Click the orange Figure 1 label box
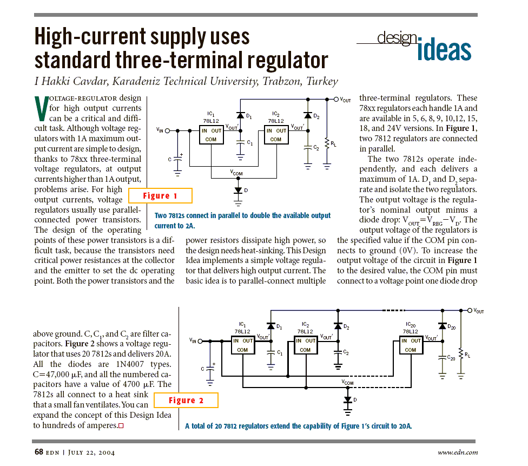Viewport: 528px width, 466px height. point(160,195)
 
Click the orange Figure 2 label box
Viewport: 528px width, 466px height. point(186,401)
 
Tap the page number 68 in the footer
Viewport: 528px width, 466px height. point(39,452)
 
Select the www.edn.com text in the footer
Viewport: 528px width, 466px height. point(458,452)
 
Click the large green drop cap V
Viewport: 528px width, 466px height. point(41,109)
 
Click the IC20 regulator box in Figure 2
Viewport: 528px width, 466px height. point(410,345)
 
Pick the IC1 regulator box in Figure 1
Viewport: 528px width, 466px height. point(212,135)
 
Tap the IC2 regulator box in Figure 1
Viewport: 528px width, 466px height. point(276,135)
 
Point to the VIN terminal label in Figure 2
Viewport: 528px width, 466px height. point(193,340)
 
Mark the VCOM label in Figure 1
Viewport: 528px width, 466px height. point(237,173)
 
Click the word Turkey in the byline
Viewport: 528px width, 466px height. point(322,82)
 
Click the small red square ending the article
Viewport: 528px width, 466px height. point(121,425)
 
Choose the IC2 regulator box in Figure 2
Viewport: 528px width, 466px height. point(305,345)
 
